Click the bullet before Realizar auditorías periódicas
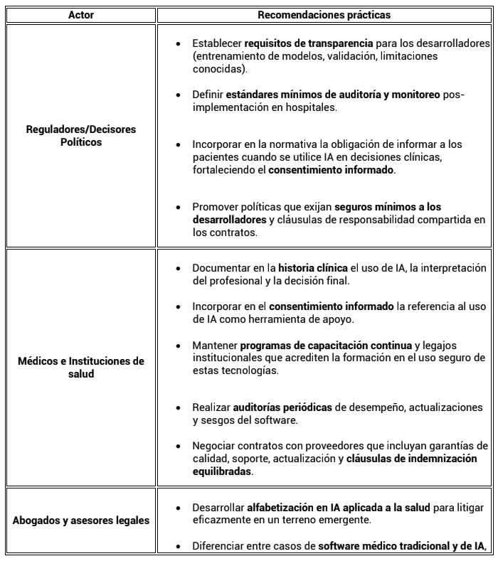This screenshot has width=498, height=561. pyautogui.click(x=177, y=408)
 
